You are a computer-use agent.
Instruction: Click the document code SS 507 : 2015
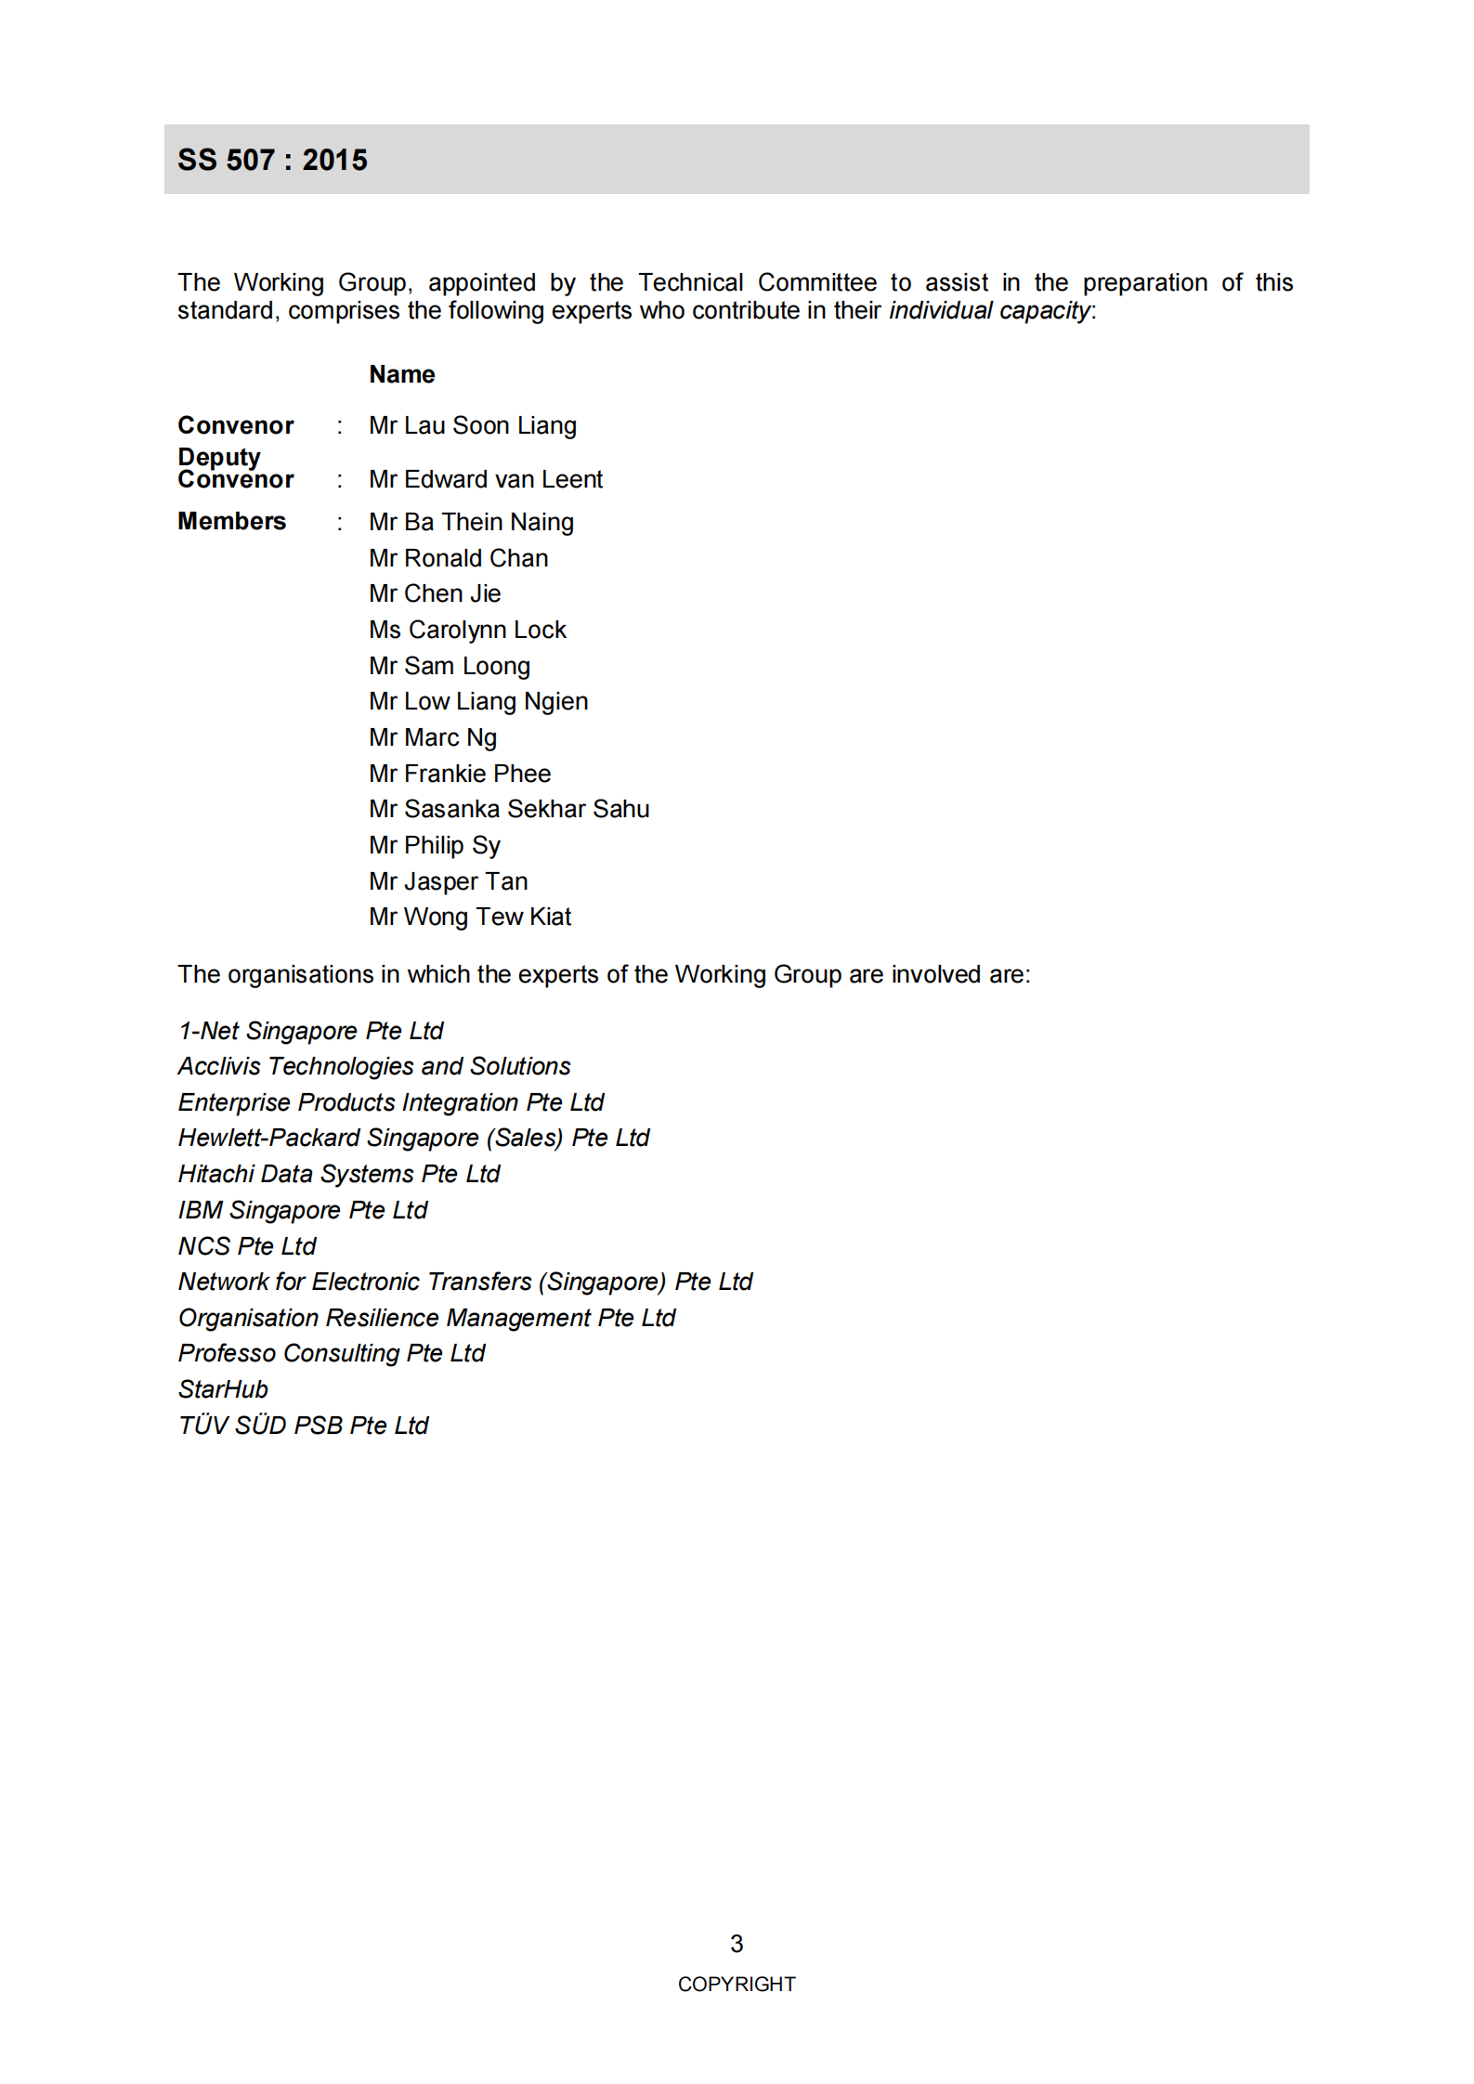[272, 160]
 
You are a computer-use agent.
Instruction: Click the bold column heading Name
[401, 374]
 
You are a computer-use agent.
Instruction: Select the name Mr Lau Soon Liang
[472, 425]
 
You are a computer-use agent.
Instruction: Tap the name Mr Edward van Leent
[485, 479]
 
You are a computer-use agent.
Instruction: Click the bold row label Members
[231, 521]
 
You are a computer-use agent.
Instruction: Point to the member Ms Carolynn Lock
[466, 630]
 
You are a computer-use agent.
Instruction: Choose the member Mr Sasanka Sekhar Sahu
[508, 809]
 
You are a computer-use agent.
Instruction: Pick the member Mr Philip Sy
[434, 845]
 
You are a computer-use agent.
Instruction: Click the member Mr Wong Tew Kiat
[469, 917]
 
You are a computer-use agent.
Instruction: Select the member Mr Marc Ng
[432, 737]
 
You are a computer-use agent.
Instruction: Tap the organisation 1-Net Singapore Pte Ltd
[310, 1031]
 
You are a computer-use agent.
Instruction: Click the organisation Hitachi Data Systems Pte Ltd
[338, 1174]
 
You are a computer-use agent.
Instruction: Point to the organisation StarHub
[223, 1389]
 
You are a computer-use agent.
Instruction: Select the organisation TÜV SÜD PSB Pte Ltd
[303, 1426]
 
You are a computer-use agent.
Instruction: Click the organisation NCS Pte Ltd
[247, 1246]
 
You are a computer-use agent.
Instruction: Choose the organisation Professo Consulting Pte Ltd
[331, 1353]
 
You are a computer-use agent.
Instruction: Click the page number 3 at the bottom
[737, 1944]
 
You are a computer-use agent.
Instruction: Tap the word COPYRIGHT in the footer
[737, 1985]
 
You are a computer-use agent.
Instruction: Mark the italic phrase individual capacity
[989, 310]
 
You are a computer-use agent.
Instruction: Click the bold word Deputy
[219, 457]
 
